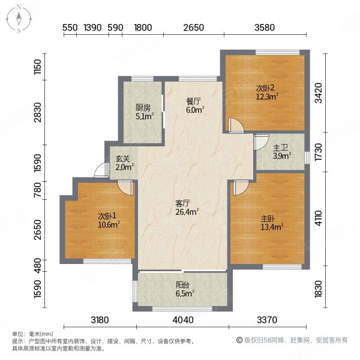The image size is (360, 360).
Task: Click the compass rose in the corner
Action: pyautogui.click(x=19, y=19)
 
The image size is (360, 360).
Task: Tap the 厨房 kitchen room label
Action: pyautogui.click(x=145, y=112)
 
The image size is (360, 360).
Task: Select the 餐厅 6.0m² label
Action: pyautogui.click(x=195, y=106)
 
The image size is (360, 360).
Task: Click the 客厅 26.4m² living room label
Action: pyautogui.click(x=187, y=208)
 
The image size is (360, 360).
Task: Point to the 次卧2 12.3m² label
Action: pyautogui.click(x=267, y=92)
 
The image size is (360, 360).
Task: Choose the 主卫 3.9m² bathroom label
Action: pyautogui.click(x=282, y=152)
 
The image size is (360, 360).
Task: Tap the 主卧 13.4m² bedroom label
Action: pyautogui.click(x=272, y=223)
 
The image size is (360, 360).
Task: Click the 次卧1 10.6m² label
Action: pyautogui.click(x=109, y=220)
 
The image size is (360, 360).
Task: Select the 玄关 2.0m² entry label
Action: pyautogui.click(x=124, y=163)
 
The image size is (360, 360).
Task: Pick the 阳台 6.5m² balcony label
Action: pyautogui.click(x=185, y=289)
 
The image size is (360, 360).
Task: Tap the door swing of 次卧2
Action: pyautogui.click(x=236, y=125)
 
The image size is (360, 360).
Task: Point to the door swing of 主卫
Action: pyautogui.click(x=261, y=142)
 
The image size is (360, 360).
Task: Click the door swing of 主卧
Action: pyautogui.click(x=241, y=188)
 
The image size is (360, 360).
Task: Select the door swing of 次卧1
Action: pyautogui.click(x=125, y=188)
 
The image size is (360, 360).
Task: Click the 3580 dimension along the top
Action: pyautogui.click(x=265, y=28)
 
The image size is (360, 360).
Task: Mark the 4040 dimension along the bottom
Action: pyautogui.click(x=183, y=320)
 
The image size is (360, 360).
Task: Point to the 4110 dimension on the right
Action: pyautogui.click(x=319, y=218)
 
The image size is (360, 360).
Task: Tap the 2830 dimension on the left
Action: pyautogui.click(x=37, y=112)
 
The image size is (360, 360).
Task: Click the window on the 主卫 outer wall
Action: pyautogui.click(x=307, y=157)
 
